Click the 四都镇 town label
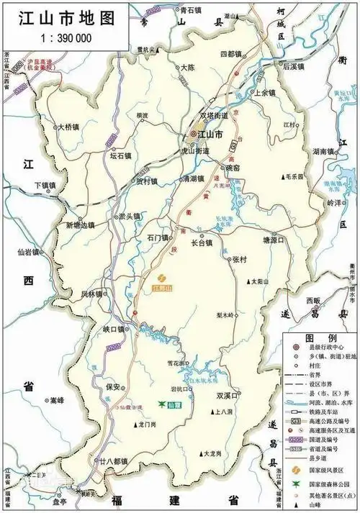coord(233,54)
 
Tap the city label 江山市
coord(212,135)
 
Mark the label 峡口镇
coord(114,329)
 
